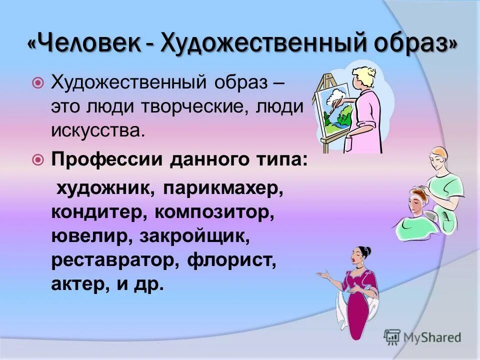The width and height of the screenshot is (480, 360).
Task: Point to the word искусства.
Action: pos(97,131)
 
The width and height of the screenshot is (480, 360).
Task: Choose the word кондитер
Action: pos(95,213)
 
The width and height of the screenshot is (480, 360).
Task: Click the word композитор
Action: pos(215,213)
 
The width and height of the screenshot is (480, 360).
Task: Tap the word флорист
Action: pos(232,261)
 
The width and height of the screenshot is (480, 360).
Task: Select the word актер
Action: pos(75,284)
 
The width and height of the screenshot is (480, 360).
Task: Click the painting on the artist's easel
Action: pos(332,107)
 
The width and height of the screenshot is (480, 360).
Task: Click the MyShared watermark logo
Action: pos(422,337)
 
